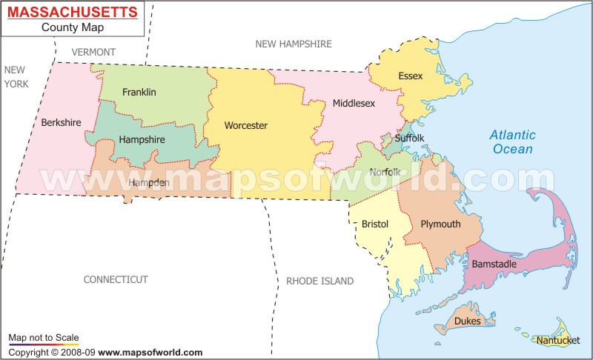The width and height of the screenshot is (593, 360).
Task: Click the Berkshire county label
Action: coord(62,122)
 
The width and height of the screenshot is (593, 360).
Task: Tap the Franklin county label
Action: coord(139,92)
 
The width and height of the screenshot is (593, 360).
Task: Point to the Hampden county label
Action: coord(149,182)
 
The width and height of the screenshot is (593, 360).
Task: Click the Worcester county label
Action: coord(245,125)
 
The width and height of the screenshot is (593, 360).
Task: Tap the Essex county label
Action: coord(410,76)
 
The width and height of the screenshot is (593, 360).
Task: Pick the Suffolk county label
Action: coord(409,138)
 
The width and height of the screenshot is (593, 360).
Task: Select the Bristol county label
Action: coord(375,223)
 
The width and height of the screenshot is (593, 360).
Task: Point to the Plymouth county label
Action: coord(440,224)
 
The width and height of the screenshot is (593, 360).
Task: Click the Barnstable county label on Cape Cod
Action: coord(494,263)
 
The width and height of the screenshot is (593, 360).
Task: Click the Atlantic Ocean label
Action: coord(511,141)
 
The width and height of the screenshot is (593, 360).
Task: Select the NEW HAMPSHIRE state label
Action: coord(294,44)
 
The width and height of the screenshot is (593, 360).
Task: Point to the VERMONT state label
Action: coord(93,52)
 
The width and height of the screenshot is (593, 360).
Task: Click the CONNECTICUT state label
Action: coord(116,279)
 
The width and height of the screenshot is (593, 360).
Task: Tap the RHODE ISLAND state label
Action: coord(319,281)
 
